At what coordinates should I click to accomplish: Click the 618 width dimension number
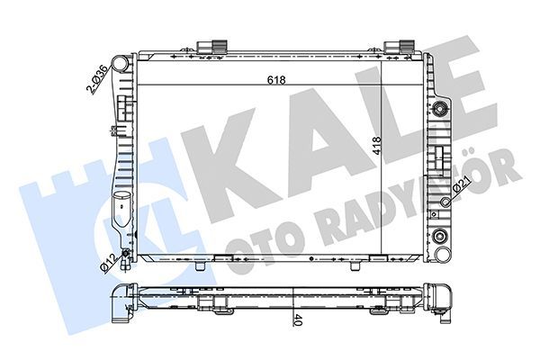pos(276,80)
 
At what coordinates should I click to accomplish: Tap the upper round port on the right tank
pos(440,111)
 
